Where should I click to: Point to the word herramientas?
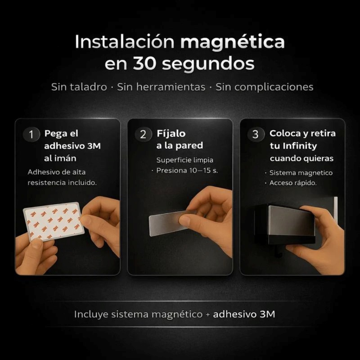[161, 87]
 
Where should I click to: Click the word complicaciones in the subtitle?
[264, 87]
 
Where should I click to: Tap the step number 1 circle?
[31, 135]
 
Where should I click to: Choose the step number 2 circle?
[143, 135]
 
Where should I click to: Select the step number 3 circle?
[256, 135]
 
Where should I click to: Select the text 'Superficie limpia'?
[185, 160]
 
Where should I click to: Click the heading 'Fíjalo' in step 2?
[171, 134]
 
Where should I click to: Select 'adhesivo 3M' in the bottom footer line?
[244, 314]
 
